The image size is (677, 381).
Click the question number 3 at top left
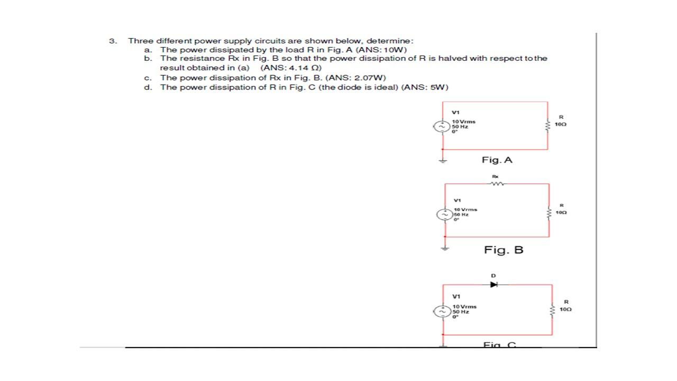pyautogui.click(x=112, y=41)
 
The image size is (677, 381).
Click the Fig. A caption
pyautogui.click(x=497, y=159)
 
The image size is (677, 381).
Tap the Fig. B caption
pyautogui.click(x=504, y=250)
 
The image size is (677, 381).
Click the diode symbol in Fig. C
pyautogui.click(x=494, y=284)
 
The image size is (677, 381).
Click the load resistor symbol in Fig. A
pyautogui.click(x=548, y=124)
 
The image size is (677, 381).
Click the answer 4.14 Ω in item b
pyautogui.click(x=299, y=68)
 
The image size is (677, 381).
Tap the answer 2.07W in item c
pyautogui.click(x=361, y=78)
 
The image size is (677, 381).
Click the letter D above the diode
pyautogui.click(x=493, y=275)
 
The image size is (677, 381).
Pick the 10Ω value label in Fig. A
pyautogui.click(x=561, y=124)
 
